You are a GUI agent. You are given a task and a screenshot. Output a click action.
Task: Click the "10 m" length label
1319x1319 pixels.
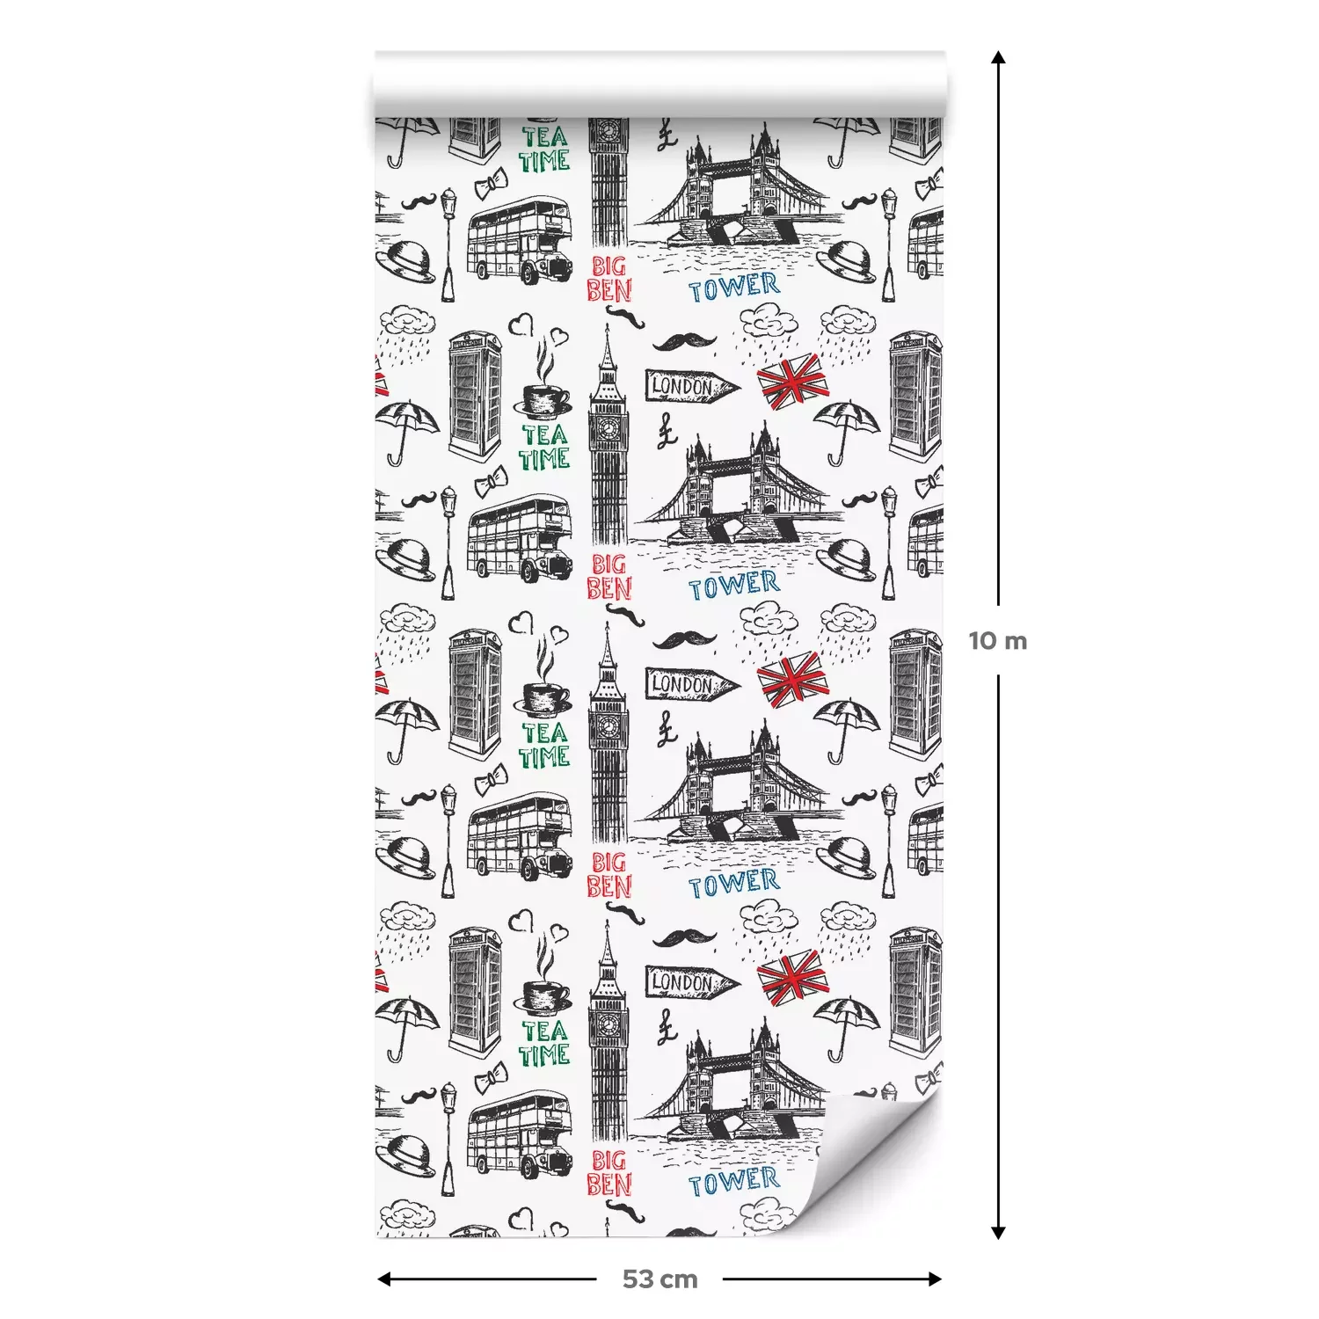click(x=998, y=640)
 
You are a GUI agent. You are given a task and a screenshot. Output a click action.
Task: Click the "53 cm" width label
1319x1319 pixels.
click(x=659, y=1279)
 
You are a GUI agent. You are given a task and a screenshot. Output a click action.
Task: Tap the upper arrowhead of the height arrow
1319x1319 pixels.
click(x=998, y=58)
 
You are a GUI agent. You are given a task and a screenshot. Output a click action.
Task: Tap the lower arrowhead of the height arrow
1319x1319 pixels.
click(x=998, y=1232)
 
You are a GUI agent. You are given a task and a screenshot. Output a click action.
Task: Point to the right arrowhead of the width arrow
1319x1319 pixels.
click(x=935, y=1279)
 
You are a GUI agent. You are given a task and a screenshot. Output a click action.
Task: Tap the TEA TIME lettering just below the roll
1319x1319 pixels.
click(x=543, y=149)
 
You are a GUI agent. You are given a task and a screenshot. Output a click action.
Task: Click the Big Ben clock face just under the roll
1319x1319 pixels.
click(x=608, y=133)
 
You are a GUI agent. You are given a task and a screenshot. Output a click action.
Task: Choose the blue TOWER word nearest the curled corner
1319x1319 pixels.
click(x=733, y=1181)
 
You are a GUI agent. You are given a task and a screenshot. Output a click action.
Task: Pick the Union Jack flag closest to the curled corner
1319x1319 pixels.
click(x=792, y=979)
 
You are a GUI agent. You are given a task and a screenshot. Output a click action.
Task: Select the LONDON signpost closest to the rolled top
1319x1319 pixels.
click(x=692, y=386)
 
